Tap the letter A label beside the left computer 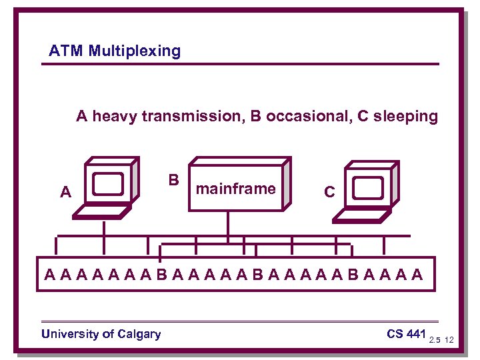65,193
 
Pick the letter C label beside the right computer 329,193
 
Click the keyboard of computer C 361,215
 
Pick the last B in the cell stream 353,274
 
